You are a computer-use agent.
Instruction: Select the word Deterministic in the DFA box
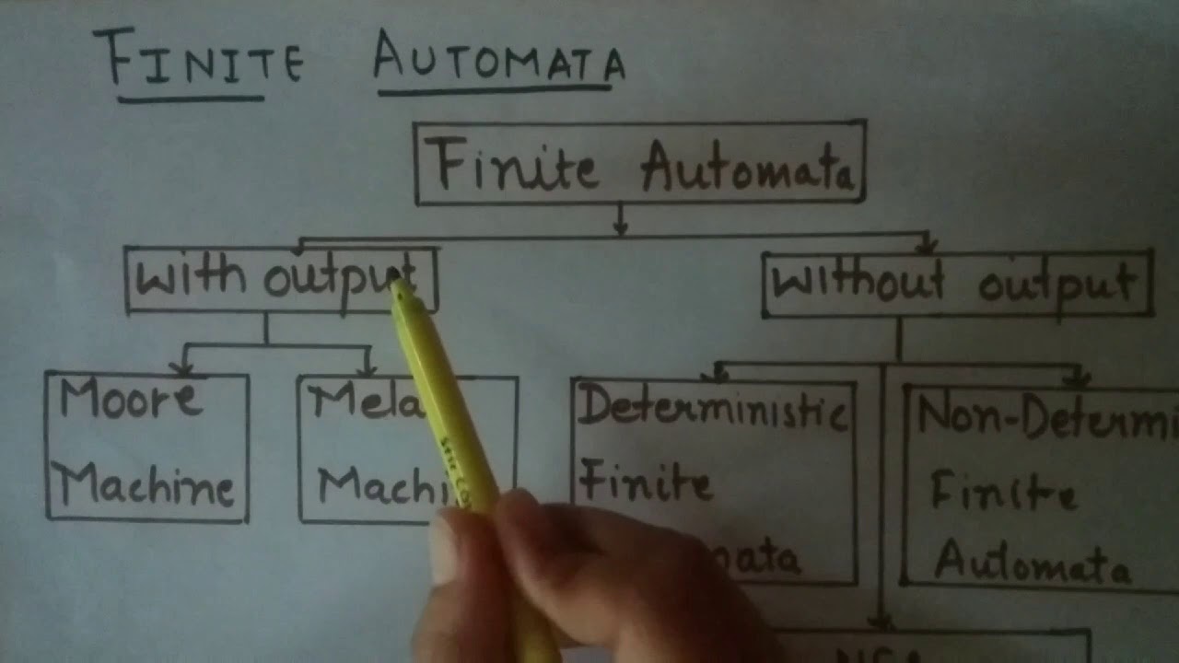coord(711,411)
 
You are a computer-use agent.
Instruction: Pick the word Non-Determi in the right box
coord(1046,417)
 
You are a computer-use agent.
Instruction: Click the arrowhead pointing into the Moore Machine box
coord(183,369)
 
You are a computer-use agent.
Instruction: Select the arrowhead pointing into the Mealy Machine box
coord(368,370)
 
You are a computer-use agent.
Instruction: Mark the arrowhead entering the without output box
coord(927,247)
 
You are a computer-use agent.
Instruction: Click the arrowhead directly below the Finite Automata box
coord(620,227)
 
